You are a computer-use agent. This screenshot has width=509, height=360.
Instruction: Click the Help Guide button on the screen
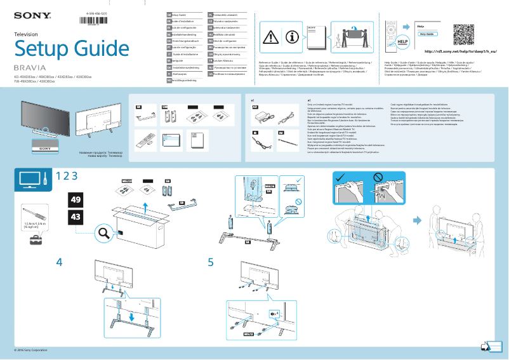point(425,34)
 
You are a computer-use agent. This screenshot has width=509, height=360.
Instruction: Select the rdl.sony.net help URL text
point(459,51)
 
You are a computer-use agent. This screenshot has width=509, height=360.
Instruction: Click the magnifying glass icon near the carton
point(102,233)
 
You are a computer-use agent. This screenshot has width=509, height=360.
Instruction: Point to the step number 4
point(59,262)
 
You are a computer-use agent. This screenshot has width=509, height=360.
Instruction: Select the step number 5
point(211,262)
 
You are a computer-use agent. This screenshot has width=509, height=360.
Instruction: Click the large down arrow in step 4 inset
point(131,315)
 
